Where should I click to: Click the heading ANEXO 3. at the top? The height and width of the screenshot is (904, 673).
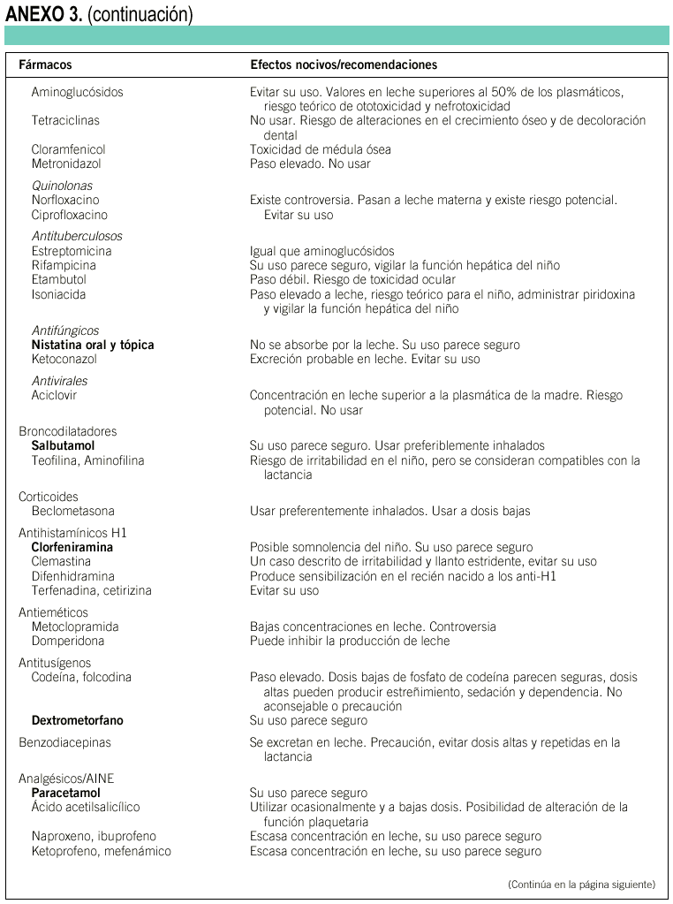tap(43, 14)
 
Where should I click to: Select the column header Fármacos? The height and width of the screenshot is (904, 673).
tap(45, 65)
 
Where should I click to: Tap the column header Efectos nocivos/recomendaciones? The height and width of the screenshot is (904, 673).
tap(344, 65)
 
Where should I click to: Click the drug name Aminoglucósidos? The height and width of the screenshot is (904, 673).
tap(77, 92)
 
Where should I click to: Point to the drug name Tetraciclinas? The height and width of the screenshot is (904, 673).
tap(65, 120)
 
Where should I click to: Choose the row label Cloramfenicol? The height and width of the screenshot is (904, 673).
tap(68, 149)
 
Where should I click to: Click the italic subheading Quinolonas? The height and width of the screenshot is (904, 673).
tap(62, 186)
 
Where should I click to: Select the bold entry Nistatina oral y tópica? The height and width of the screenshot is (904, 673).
tap(93, 345)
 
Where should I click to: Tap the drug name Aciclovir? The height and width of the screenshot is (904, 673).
tap(55, 395)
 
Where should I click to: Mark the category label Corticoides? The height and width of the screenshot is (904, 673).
tap(48, 497)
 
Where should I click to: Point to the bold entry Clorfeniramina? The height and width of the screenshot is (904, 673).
tap(72, 547)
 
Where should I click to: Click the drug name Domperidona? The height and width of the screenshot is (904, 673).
tap(67, 641)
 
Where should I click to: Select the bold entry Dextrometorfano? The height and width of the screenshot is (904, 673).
tap(77, 720)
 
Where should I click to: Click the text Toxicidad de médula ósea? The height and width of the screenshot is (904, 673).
tap(320, 149)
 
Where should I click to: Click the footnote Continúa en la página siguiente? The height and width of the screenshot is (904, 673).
tap(582, 884)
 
